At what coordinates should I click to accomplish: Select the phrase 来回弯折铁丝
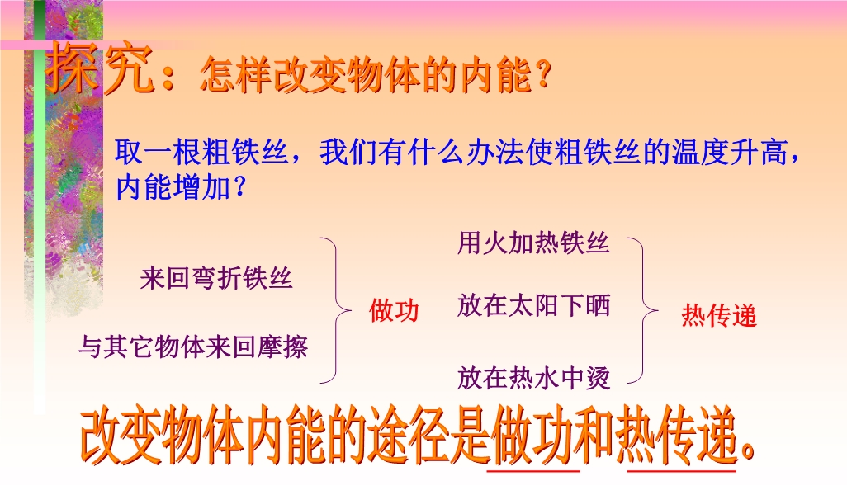[x=216, y=279]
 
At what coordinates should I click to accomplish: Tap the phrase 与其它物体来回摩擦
[x=193, y=346]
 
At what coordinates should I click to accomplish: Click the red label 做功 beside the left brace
[x=394, y=310]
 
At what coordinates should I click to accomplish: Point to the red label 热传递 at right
[x=719, y=315]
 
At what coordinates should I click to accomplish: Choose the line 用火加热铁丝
[x=533, y=243]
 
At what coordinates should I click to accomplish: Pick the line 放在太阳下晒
[x=533, y=305]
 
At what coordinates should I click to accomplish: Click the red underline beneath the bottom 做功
[x=533, y=471]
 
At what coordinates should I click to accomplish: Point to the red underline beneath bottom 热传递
[x=681, y=471]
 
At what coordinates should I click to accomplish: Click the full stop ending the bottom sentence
[x=748, y=451]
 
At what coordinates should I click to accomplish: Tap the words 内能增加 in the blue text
[x=174, y=188]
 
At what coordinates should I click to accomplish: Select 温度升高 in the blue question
[x=729, y=152]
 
